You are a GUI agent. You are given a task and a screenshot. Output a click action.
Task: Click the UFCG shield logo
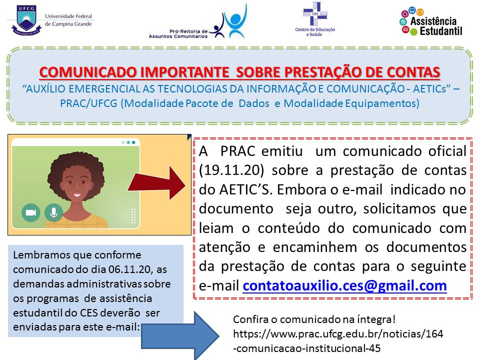pyautogui.click(x=26, y=20)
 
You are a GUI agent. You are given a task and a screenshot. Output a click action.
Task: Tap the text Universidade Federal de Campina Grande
pyautogui.click(x=68, y=20)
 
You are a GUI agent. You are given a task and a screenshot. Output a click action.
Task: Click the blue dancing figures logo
pyautogui.click(x=231, y=21)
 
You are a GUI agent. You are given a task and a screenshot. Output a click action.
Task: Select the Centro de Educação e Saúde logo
pyautogui.click(x=315, y=19)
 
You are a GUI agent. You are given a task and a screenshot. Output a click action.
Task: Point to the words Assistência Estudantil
pyautogui.click(x=436, y=26)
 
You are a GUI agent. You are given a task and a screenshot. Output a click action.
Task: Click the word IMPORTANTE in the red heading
pyautogui.click(x=184, y=72)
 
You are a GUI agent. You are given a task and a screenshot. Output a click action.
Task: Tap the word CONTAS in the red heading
pyautogui.click(x=413, y=72)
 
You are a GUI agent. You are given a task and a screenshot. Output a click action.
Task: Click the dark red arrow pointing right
pyautogui.click(x=156, y=183)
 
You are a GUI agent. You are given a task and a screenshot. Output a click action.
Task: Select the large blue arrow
pyautogui.click(x=180, y=335)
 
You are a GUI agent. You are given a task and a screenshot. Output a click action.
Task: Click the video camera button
pyautogui.click(x=31, y=212)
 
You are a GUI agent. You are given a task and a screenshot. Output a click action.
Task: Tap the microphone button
pyautogui.click(x=53, y=212)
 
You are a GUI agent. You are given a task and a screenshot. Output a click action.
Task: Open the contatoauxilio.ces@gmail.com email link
pyautogui.click(x=344, y=285)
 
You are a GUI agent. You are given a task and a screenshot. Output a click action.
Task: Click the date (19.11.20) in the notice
pyautogui.click(x=231, y=170)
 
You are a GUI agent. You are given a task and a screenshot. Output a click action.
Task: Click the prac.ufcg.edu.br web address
pyautogui.click(x=338, y=340)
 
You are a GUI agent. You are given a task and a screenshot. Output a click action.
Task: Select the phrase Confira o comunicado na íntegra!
pyautogui.click(x=314, y=319)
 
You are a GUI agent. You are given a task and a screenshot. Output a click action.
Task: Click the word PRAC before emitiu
pyautogui.click(x=238, y=151)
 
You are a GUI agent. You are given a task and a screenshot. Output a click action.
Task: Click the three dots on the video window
pyautogui.click(x=128, y=142)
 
